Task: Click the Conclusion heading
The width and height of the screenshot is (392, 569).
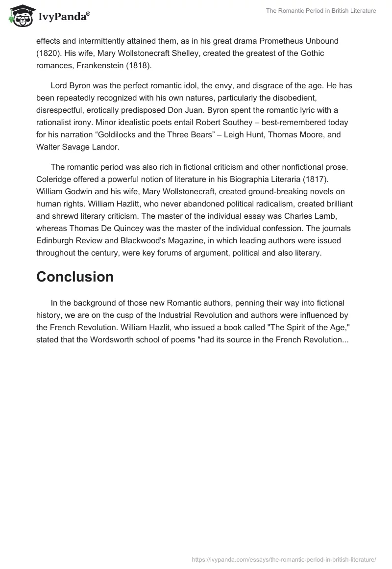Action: coord(75,277)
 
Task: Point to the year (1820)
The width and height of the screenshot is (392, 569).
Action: coord(48,52)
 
